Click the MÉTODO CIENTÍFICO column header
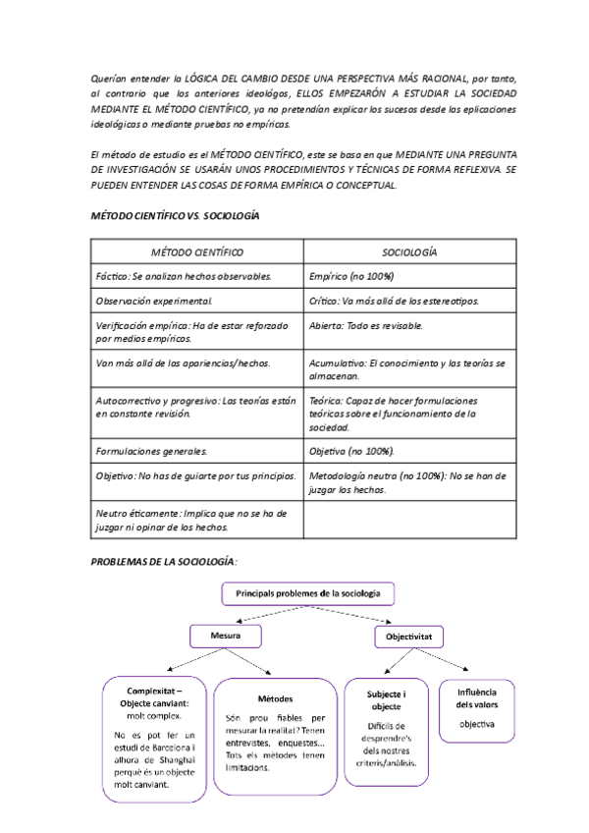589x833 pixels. tap(197, 252)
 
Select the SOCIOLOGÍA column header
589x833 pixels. tap(409, 252)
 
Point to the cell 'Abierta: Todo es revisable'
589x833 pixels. tap(366, 324)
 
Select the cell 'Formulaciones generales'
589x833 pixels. tap(152, 451)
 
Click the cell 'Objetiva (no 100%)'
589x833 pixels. tap(351, 451)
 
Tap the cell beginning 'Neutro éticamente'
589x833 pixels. tap(191, 520)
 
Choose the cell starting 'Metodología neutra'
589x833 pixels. tap(407, 481)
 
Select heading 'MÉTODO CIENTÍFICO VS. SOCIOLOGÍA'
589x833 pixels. tap(175, 215)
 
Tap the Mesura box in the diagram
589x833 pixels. tap(226, 637)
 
